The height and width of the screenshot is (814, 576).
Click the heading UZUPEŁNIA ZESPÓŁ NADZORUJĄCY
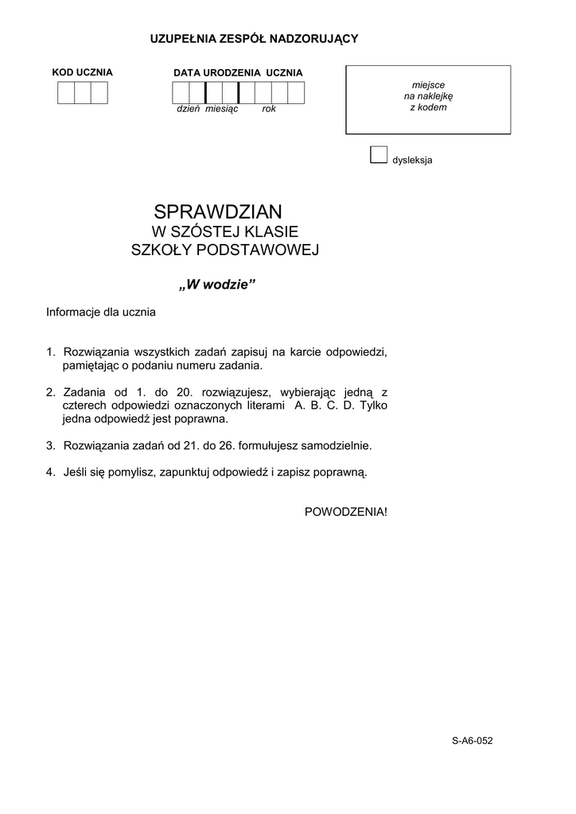point(255,38)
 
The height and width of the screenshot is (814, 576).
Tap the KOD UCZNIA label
point(83,72)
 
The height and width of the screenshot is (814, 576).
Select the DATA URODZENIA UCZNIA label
point(238,72)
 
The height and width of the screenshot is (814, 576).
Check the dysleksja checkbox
point(379,154)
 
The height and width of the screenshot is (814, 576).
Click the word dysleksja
point(412,160)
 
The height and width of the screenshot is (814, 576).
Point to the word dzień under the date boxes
point(188,109)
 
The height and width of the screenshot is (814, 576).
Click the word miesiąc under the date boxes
point(222,109)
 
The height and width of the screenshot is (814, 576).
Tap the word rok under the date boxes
point(269,109)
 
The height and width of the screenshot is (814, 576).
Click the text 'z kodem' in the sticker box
point(428,107)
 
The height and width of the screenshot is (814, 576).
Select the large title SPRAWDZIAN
point(218,212)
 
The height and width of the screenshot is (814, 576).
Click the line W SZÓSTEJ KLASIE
point(224,232)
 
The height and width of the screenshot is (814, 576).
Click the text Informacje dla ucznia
point(101,312)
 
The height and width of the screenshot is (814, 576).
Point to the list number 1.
point(50,351)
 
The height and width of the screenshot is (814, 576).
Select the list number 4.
point(50,471)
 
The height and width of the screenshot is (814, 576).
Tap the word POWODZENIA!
point(346,511)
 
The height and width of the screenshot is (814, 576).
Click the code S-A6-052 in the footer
point(473,741)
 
